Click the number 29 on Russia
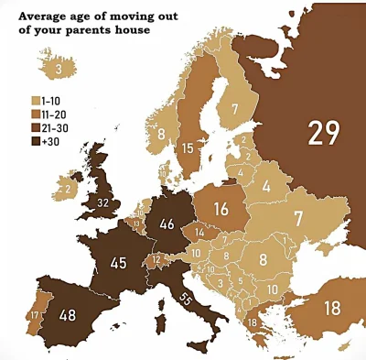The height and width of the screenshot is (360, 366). pyautogui.click(x=322, y=134)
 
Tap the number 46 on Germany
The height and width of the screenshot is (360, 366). pyautogui.click(x=167, y=223)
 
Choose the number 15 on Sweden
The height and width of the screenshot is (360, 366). pyautogui.click(x=187, y=147)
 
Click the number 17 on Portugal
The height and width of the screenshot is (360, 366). pyautogui.click(x=34, y=315)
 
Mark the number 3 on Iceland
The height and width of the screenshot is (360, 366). pyautogui.click(x=58, y=69)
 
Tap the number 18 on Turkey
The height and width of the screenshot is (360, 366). pyautogui.click(x=331, y=308)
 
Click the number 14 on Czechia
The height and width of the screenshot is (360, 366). pyautogui.click(x=199, y=234)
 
